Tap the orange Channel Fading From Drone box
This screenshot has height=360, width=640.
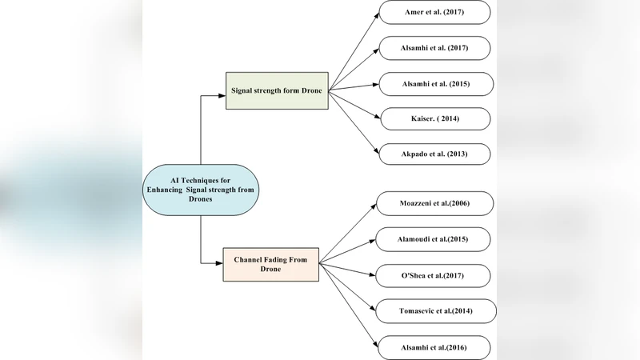pos(270,265)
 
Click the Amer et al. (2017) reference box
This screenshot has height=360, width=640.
pos(433,14)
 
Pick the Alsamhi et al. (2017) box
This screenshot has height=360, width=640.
pos(433,48)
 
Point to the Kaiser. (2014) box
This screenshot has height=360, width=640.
pos(434,118)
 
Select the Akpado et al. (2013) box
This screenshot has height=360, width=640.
pos(434,154)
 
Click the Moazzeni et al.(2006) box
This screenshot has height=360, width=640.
pos(434,204)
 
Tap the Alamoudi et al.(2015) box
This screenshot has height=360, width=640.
pos(433,240)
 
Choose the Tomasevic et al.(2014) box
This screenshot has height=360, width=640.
pos(436,310)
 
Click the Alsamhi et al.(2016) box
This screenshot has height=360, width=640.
pos(434,346)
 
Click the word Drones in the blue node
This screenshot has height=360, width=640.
pos(202,199)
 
